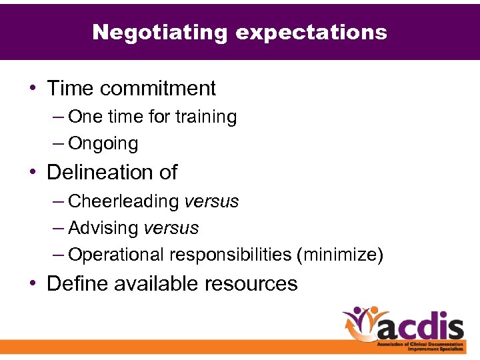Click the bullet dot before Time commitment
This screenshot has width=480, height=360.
click(x=34, y=89)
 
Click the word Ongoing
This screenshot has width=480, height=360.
click(x=103, y=144)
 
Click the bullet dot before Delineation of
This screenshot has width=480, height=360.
click(x=34, y=173)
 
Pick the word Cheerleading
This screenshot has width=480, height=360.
click(x=123, y=201)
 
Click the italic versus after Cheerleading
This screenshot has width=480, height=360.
click(x=211, y=201)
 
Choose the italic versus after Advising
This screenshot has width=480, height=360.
click(x=171, y=228)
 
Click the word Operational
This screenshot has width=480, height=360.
click(x=116, y=255)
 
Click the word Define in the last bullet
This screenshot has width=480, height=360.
click(x=77, y=283)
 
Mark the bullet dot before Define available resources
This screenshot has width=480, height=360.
click(x=34, y=284)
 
